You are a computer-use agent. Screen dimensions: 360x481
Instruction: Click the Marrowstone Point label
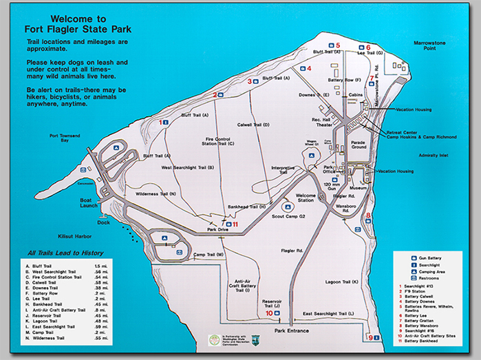430,45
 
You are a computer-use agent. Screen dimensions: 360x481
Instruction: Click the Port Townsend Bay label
64,138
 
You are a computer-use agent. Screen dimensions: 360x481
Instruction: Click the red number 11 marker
235,224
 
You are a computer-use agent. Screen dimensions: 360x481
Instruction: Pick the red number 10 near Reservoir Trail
268,313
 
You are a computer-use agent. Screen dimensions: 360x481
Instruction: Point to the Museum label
358,187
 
